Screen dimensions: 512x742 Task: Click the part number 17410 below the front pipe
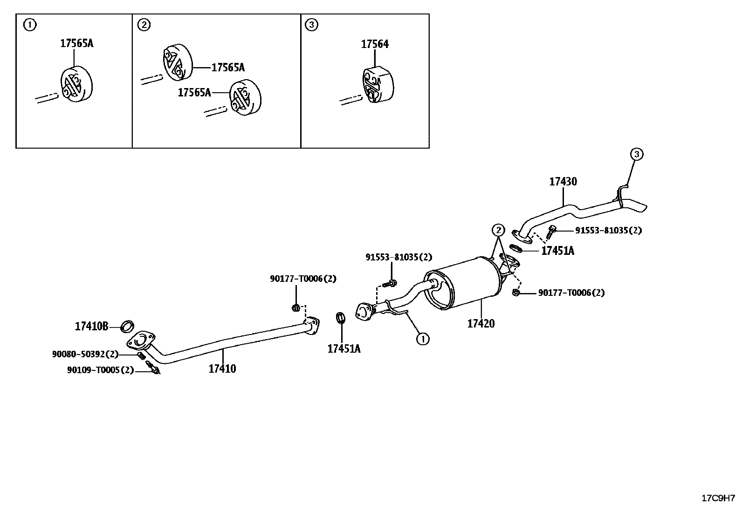[222, 369]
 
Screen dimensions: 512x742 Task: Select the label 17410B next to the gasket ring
[91, 327]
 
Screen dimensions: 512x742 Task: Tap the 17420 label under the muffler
[481, 323]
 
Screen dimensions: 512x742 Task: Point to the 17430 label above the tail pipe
[563, 182]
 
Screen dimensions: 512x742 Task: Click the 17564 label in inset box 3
[374, 44]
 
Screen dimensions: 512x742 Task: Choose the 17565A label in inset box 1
[76, 43]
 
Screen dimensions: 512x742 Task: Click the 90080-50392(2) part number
[85, 355]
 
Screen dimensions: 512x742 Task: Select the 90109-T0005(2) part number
[100, 370]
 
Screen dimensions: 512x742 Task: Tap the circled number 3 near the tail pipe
[637, 154]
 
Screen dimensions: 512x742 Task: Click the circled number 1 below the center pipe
[422, 339]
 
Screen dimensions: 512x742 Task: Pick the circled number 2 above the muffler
[498, 230]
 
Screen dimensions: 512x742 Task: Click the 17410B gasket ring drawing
[127, 326]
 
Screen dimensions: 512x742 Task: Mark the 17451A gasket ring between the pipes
[341, 318]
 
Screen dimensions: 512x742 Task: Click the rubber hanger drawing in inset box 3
[378, 85]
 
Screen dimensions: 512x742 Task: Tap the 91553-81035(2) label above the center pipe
[398, 257]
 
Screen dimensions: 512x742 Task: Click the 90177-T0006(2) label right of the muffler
[571, 293]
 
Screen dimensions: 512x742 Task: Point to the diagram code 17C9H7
[718, 498]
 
